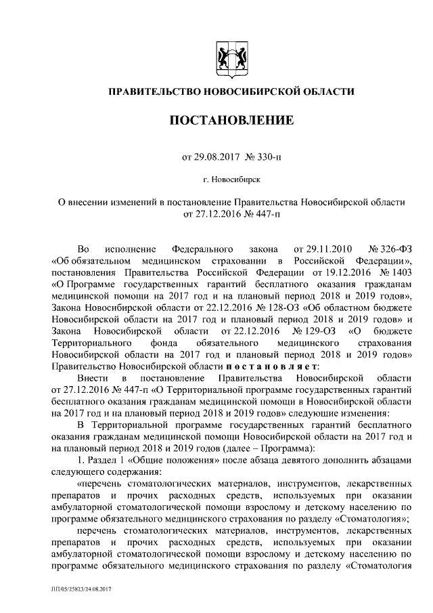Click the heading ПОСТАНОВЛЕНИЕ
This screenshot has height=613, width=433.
231,122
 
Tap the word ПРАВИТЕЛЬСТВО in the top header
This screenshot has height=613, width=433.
152,91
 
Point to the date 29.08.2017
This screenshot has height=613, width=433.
216,156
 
